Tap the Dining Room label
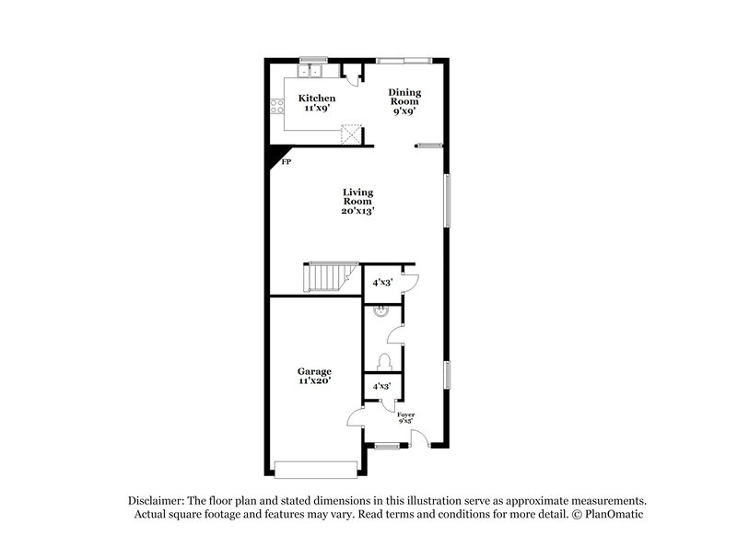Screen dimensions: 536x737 point(404,99)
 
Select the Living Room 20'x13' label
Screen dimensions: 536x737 point(358,201)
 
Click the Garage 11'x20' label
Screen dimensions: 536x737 point(314,377)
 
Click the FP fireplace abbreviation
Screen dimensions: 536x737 point(286,162)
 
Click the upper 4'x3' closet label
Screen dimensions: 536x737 point(380,283)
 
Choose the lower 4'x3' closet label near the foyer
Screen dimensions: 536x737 point(380,388)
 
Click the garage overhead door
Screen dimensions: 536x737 point(315,470)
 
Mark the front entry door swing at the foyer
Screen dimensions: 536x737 point(419,437)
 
